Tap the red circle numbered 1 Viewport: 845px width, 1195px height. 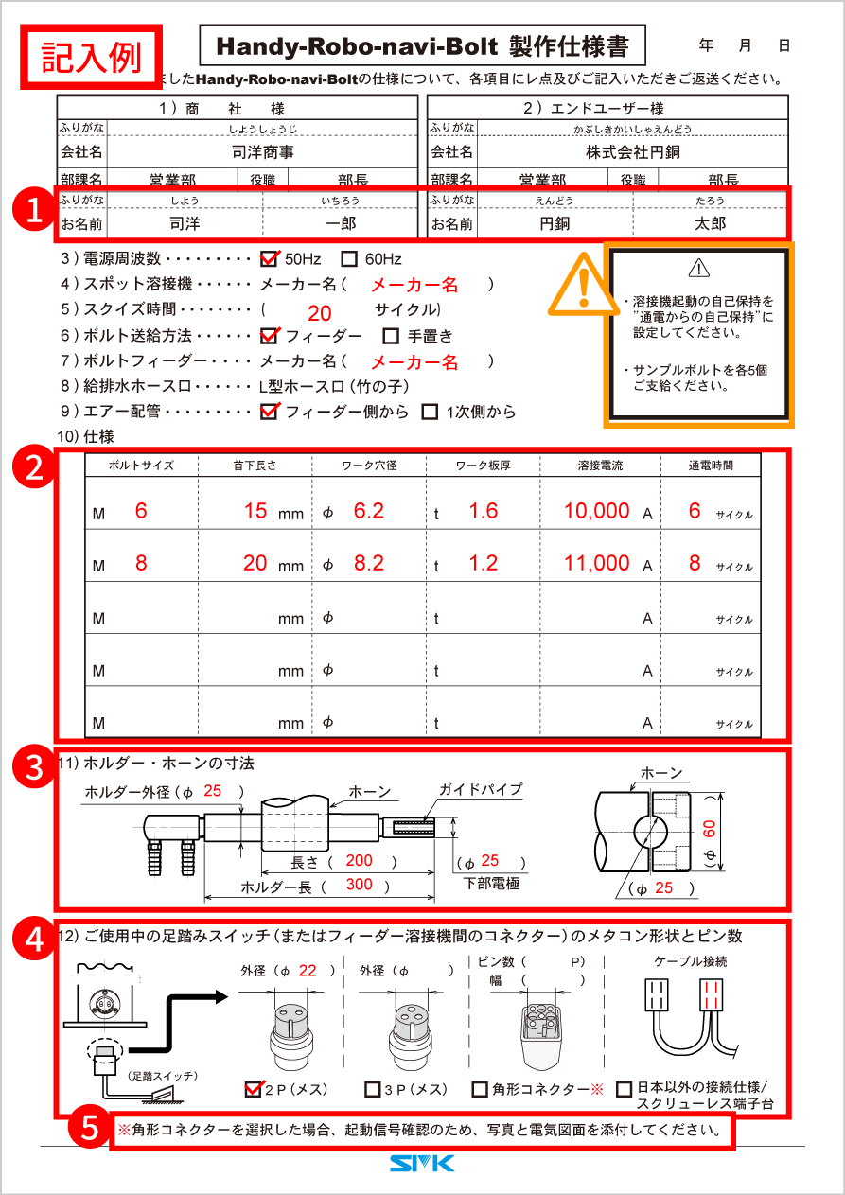(35, 210)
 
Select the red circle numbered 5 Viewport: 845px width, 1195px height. (89, 1128)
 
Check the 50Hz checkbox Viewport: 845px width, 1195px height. (269, 258)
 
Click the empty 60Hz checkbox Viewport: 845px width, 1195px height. (349, 258)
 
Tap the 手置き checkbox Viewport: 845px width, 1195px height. (391, 336)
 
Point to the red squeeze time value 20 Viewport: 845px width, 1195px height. (320, 314)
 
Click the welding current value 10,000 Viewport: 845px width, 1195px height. (596, 511)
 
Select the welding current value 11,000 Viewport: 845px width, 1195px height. (596, 563)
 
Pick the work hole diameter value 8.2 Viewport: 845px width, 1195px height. (368, 563)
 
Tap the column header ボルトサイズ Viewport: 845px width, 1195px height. (141, 466)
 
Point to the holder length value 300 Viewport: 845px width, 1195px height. (359, 885)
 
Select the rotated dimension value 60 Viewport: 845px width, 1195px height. (711, 830)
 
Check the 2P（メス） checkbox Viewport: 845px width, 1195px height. (253, 1089)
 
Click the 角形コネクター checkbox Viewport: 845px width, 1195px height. (480, 1089)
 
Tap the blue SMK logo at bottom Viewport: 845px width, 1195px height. (422, 1163)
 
